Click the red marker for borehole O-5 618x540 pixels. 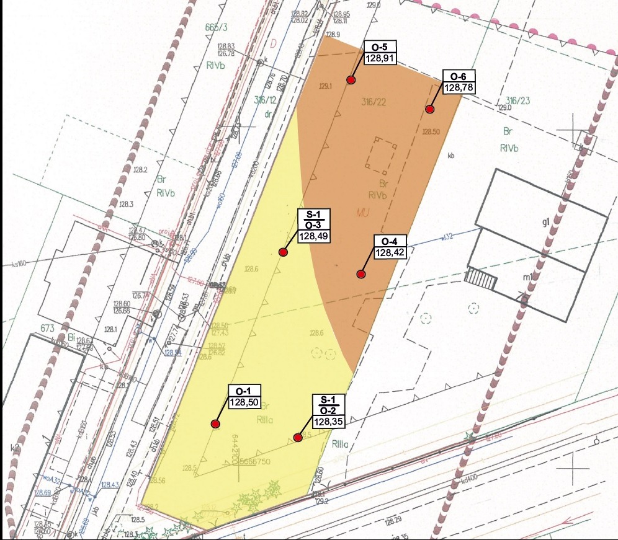coord(351,81)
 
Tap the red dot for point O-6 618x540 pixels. coord(429,109)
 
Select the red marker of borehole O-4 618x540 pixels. coord(361,274)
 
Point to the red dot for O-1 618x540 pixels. coord(215,424)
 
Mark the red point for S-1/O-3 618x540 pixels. coord(283,252)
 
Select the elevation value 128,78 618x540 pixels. coord(459,87)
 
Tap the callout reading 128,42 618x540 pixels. coord(390,252)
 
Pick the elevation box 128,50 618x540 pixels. coord(244,402)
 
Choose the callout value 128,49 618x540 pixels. coord(315,237)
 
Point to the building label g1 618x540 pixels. coord(546,223)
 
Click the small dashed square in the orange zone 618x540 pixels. coord(381,154)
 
